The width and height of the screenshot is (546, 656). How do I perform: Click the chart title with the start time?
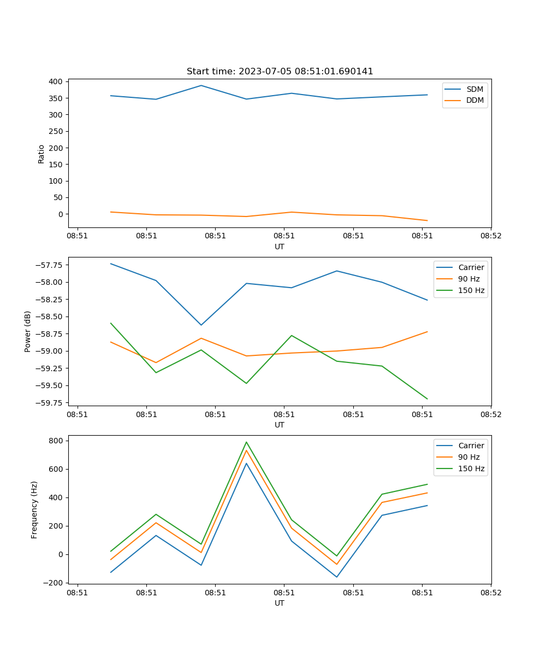(280, 72)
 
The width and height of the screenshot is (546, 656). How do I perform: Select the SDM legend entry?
(474, 89)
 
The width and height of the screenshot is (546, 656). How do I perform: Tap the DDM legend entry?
(474, 100)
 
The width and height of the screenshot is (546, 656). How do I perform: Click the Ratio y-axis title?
(41, 154)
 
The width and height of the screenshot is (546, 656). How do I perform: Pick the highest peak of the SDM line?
(201, 85)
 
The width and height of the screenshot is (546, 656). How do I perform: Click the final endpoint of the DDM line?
(427, 221)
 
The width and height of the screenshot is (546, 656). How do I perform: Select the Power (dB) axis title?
(28, 331)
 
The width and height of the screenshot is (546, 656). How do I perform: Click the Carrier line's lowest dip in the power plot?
(201, 325)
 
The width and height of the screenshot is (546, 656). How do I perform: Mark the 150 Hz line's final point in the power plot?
(427, 399)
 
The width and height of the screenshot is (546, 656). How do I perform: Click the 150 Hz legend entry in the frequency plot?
(471, 468)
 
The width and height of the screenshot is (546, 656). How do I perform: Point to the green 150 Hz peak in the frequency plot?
(246, 442)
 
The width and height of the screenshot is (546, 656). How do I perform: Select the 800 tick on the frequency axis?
(57, 441)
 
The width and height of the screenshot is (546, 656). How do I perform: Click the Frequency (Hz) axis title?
(34, 509)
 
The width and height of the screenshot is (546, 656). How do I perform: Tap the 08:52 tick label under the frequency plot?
(490, 592)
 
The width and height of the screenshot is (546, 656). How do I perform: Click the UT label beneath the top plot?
(280, 247)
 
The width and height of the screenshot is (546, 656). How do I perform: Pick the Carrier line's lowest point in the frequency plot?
(336, 577)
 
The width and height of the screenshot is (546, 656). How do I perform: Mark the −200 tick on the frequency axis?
(55, 583)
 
